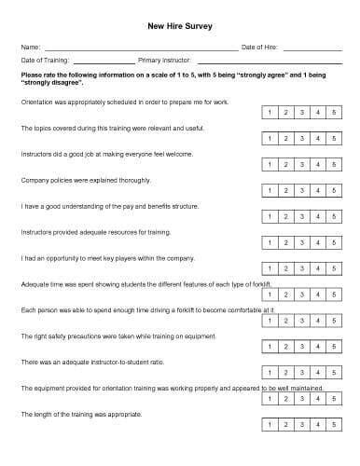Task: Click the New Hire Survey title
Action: (180, 28)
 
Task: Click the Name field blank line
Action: (140, 47)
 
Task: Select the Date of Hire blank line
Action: (312, 47)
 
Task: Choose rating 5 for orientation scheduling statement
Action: (334, 113)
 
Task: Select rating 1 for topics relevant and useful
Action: (270, 139)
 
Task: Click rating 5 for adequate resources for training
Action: (334, 243)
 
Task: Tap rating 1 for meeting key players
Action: (270, 269)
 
